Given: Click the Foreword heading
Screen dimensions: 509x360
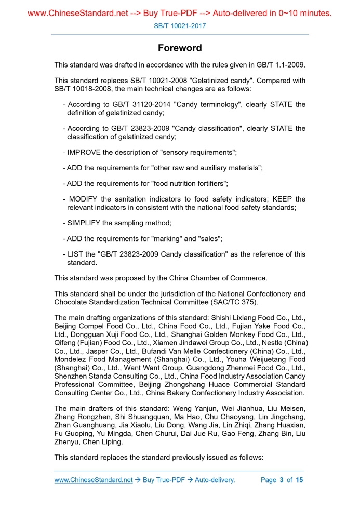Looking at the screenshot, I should (x=180, y=48).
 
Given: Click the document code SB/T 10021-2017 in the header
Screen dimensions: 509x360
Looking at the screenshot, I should (x=180, y=25).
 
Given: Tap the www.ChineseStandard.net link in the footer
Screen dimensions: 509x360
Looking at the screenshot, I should (x=94, y=480).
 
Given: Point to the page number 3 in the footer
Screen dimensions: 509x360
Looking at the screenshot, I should (x=281, y=480).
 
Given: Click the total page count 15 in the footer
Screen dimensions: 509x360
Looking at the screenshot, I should (x=299, y=480).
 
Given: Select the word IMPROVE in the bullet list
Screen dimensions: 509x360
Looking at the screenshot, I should (x=85, y=153).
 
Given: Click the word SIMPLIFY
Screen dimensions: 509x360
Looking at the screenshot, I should (x=84, y=223).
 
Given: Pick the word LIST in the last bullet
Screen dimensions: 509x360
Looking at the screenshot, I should (x=76, y=254).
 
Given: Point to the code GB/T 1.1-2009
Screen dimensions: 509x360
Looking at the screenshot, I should (x=278, y=65).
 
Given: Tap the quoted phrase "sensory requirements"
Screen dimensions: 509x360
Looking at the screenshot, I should (x=198, y=153).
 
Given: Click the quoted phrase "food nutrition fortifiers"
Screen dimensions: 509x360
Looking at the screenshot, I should (x=189, y=184).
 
